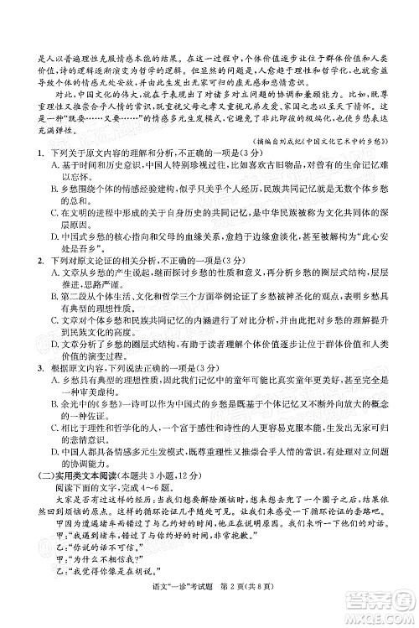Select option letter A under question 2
click(33, 275)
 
